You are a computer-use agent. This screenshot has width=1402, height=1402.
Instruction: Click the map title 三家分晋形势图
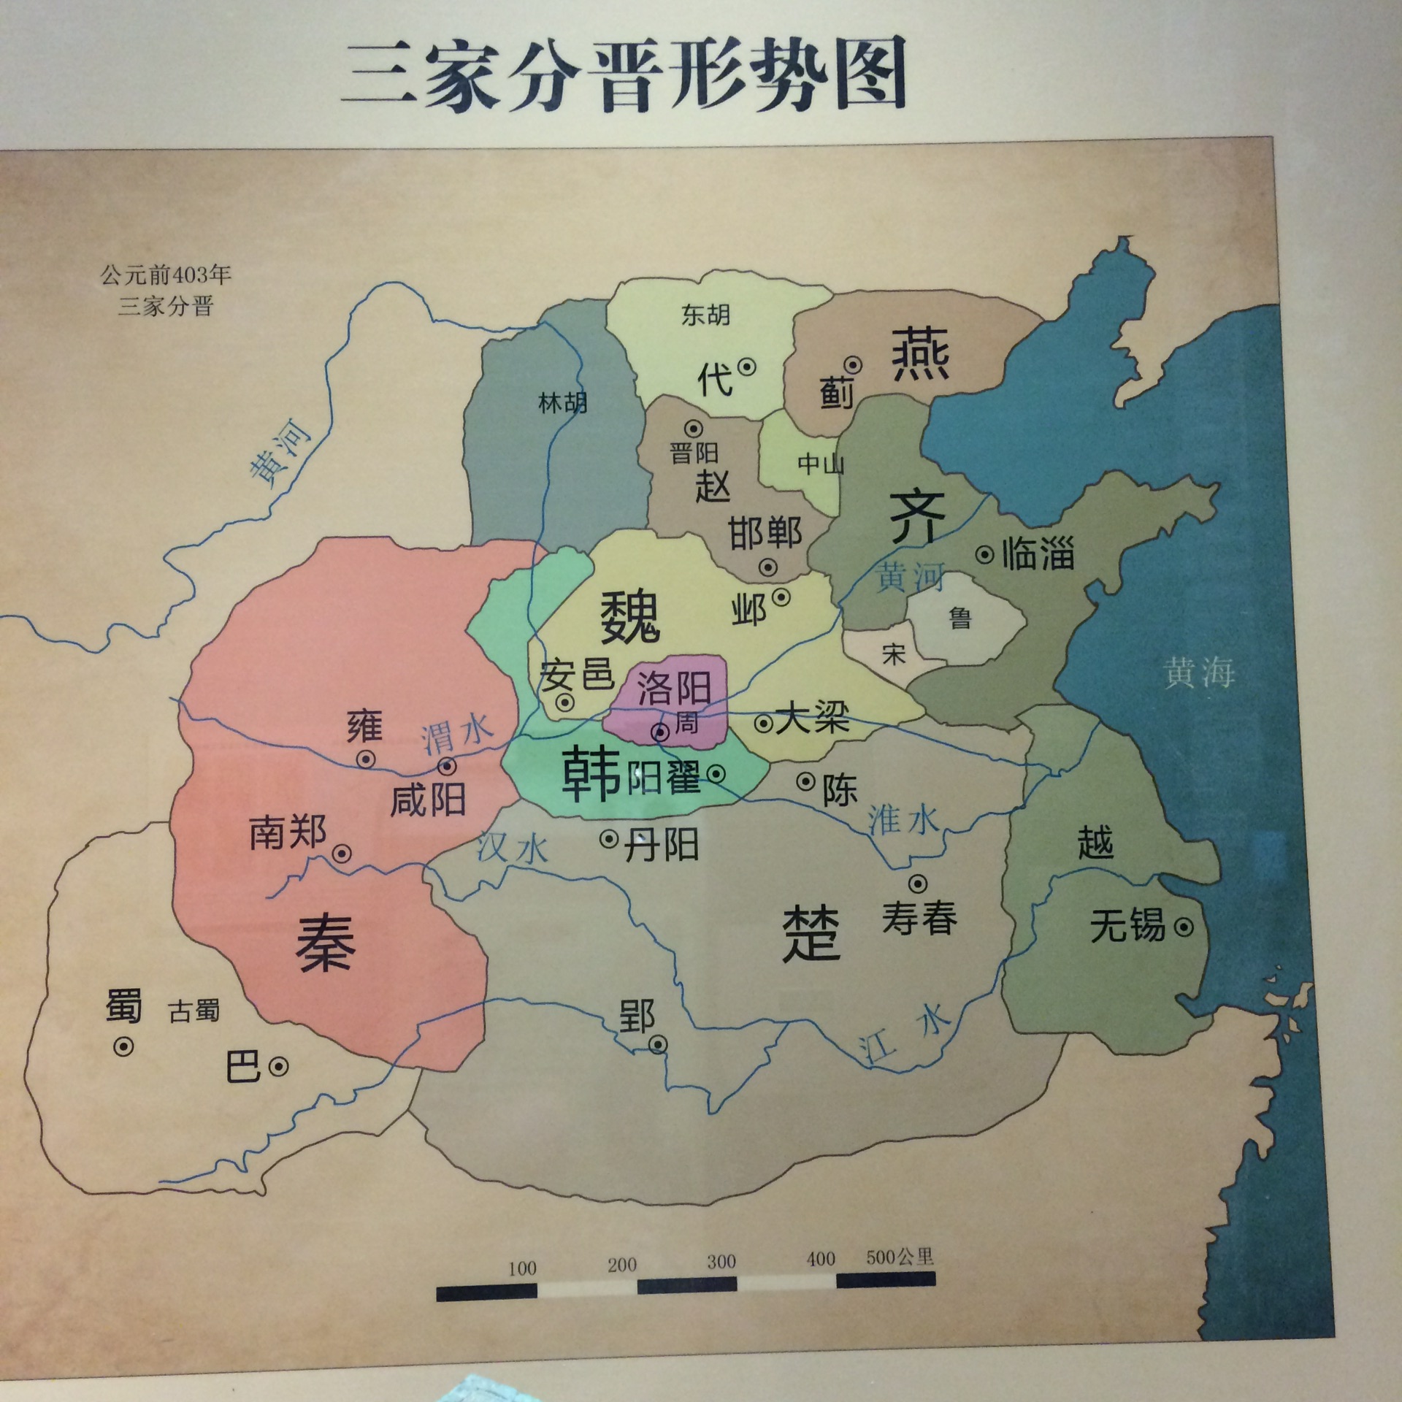point(624,76)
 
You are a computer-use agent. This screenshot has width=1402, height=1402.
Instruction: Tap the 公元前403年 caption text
point(166,275)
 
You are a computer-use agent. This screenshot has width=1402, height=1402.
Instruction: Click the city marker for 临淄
point(985,555)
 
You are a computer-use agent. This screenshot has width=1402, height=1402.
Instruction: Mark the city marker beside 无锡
point(1184,927)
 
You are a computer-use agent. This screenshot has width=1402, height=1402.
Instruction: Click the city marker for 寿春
point(918,884)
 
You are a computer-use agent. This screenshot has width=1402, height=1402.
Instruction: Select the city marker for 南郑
point(342,854)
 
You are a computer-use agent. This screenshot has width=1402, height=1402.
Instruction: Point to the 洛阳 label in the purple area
point(673,687)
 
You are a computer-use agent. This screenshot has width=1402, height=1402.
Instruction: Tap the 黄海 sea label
point(1199,672)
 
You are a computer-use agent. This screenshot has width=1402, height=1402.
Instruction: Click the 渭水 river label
point(457,732)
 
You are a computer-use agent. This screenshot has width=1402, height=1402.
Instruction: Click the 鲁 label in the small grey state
point(960,618)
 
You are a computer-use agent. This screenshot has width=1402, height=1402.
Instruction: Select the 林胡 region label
point(562,402)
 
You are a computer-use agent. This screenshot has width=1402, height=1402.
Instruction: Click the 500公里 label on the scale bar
point(900,1257)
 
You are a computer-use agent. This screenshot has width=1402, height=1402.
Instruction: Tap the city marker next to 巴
point(278,1067)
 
